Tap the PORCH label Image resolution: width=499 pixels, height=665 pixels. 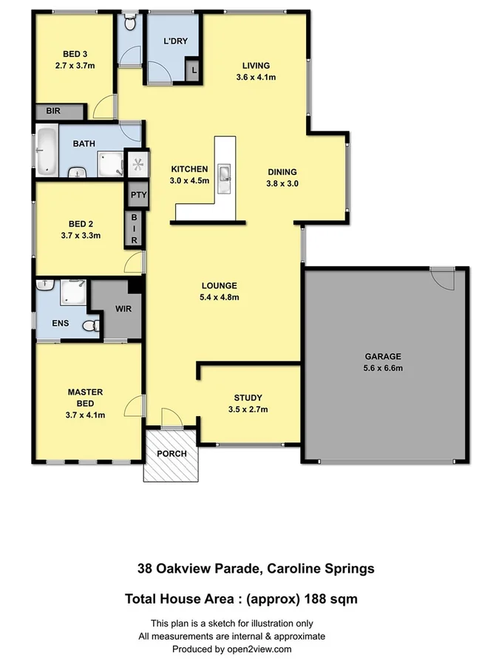tap(171, 453)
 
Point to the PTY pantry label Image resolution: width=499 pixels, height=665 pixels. tap(138, 195)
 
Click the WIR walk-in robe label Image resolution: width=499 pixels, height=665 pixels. tap(123, 309)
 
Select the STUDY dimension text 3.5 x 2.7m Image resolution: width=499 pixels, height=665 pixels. tap(248, 409)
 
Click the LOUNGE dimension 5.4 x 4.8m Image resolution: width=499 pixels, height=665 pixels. tap(220, 298)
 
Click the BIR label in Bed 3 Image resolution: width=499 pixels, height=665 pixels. tap(53, 111)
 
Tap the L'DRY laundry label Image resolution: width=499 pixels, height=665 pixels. tap(174, 41)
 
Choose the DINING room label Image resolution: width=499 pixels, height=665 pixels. tap(282, 172)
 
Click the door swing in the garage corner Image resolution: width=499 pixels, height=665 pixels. tap(443, 279)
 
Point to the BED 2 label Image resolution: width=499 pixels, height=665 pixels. tap(80, 223)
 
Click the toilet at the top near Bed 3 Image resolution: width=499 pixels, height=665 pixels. tap(131, 24)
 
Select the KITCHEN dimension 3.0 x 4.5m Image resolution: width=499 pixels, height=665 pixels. tap(190, 180)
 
